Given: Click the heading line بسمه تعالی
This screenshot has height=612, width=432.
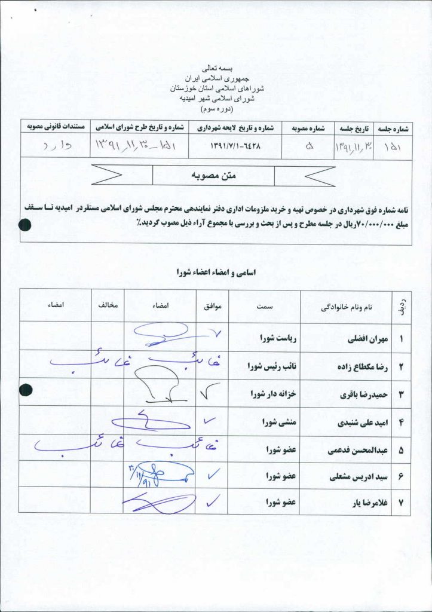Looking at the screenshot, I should click(x=216, y=68).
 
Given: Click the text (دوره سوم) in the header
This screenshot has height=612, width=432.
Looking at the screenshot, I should click(x=216, y=109).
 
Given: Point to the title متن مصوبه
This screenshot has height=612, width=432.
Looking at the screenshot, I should click(x=214, y=176).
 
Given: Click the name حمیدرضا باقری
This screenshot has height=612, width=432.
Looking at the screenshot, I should click(x=364, y=394).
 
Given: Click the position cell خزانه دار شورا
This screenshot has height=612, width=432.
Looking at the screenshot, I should click(x=274, y=394).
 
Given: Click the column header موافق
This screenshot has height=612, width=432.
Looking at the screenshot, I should click(x=214, y=306).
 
